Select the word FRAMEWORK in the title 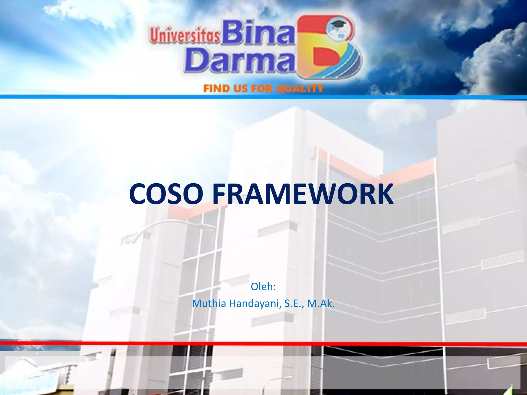(303, 194)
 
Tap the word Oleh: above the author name (263, 286)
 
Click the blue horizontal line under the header (263, 97)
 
